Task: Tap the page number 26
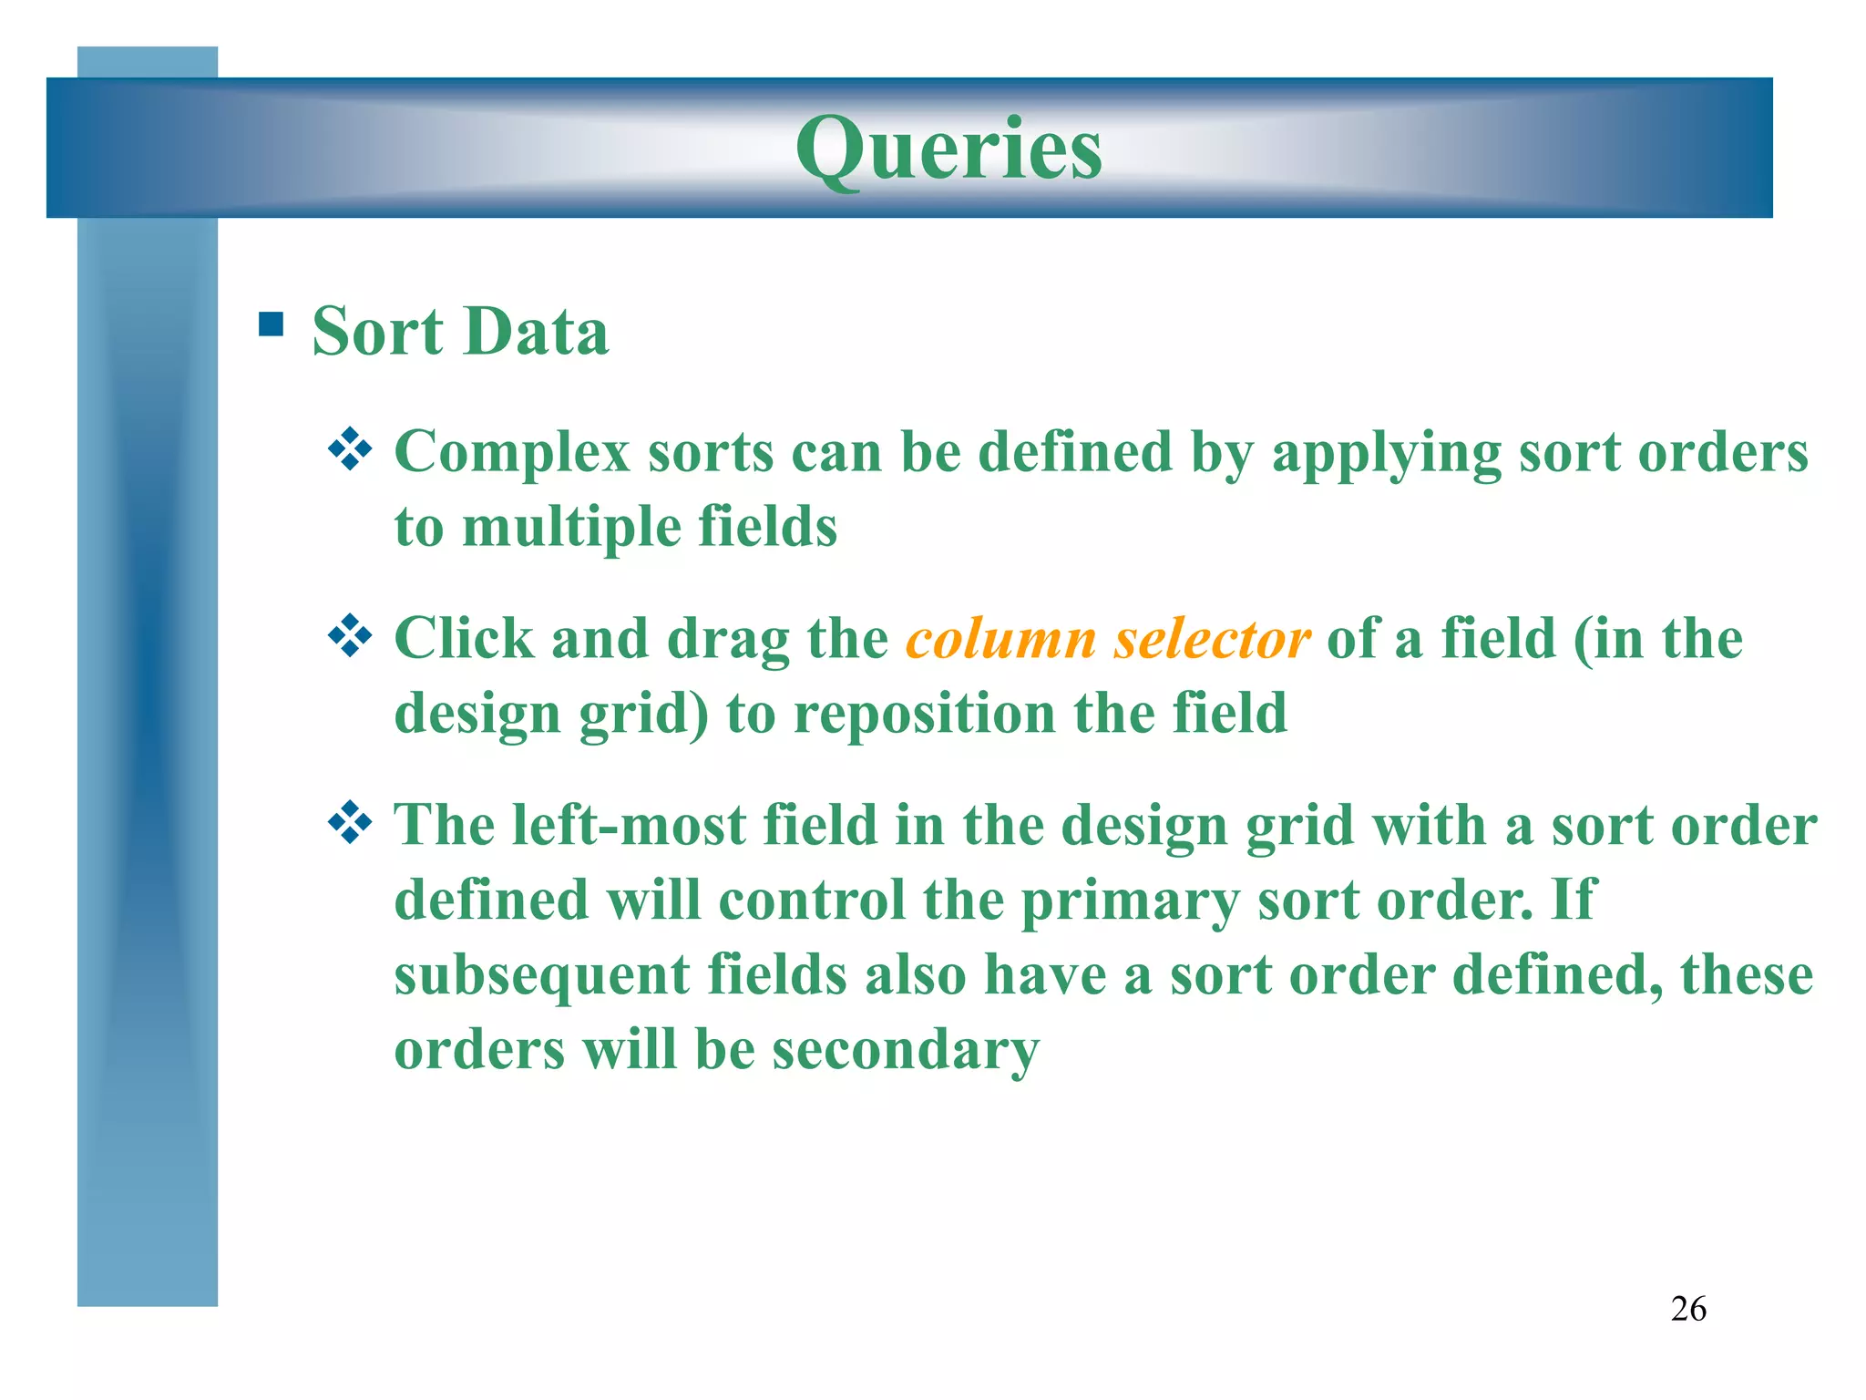click(x=1688, y=1309)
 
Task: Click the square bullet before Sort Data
click(x=271, y=324)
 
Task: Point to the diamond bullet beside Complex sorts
click(x=350, y=449)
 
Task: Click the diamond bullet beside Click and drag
click(x=350, y=636)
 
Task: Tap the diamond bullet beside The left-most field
click(x=350, y=823)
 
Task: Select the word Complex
click(x=512, y=452)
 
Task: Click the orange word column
click(x=1000, y=639)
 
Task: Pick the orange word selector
click(x=1212, y=639)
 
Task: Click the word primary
click(x=1130, y=902)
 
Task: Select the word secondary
click(x=906, y=1051)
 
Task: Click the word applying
click(x=1386, y=454)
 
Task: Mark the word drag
click(x=728, y=641)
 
